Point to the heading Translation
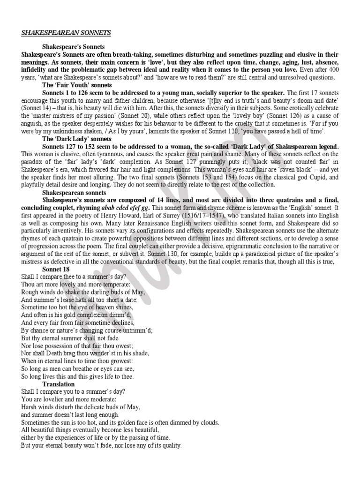(59, 384)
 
